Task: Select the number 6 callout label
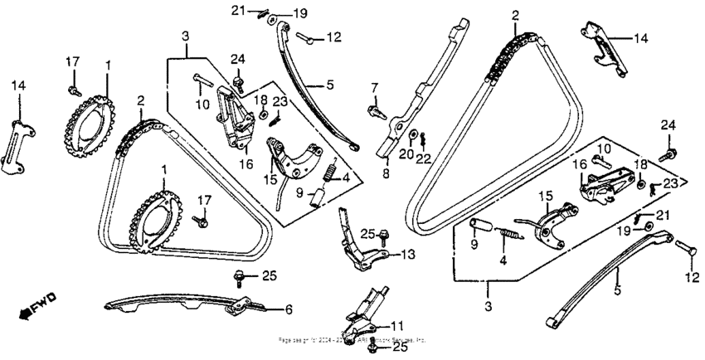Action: tap(289, 309)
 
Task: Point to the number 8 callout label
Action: tap(386, 175)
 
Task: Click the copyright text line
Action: tap(352, 340)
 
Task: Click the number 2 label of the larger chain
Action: tap(515, 15)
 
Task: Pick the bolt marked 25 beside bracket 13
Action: tap(383, 239)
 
